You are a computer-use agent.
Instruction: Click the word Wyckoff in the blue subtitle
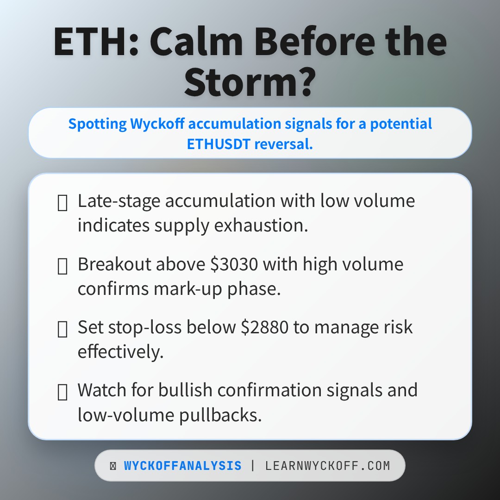pyautogui.click(x=158, y=124)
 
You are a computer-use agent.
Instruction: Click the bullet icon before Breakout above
pyautogui.click(x=62, y=266)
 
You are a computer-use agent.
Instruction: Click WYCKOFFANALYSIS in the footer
pyautogui.click(x=182, y=466)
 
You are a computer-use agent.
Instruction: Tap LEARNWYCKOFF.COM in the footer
pyautogui.click(x=328, y=466)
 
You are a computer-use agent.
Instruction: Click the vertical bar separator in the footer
pyautogui.click(x=253, y=466)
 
